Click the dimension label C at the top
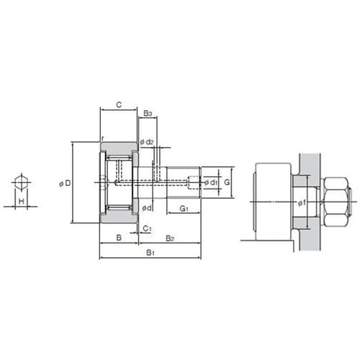pos(119,105)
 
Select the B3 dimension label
pos(148,113)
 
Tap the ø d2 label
pos(147,142)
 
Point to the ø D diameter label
pos(65,184)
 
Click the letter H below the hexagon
pos(22,201)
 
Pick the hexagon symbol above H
pos(22,182)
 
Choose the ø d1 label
pos(211,183)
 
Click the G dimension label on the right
pos(227,182)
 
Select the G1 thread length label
pos(184,209)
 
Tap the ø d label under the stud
pos(147,208)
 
